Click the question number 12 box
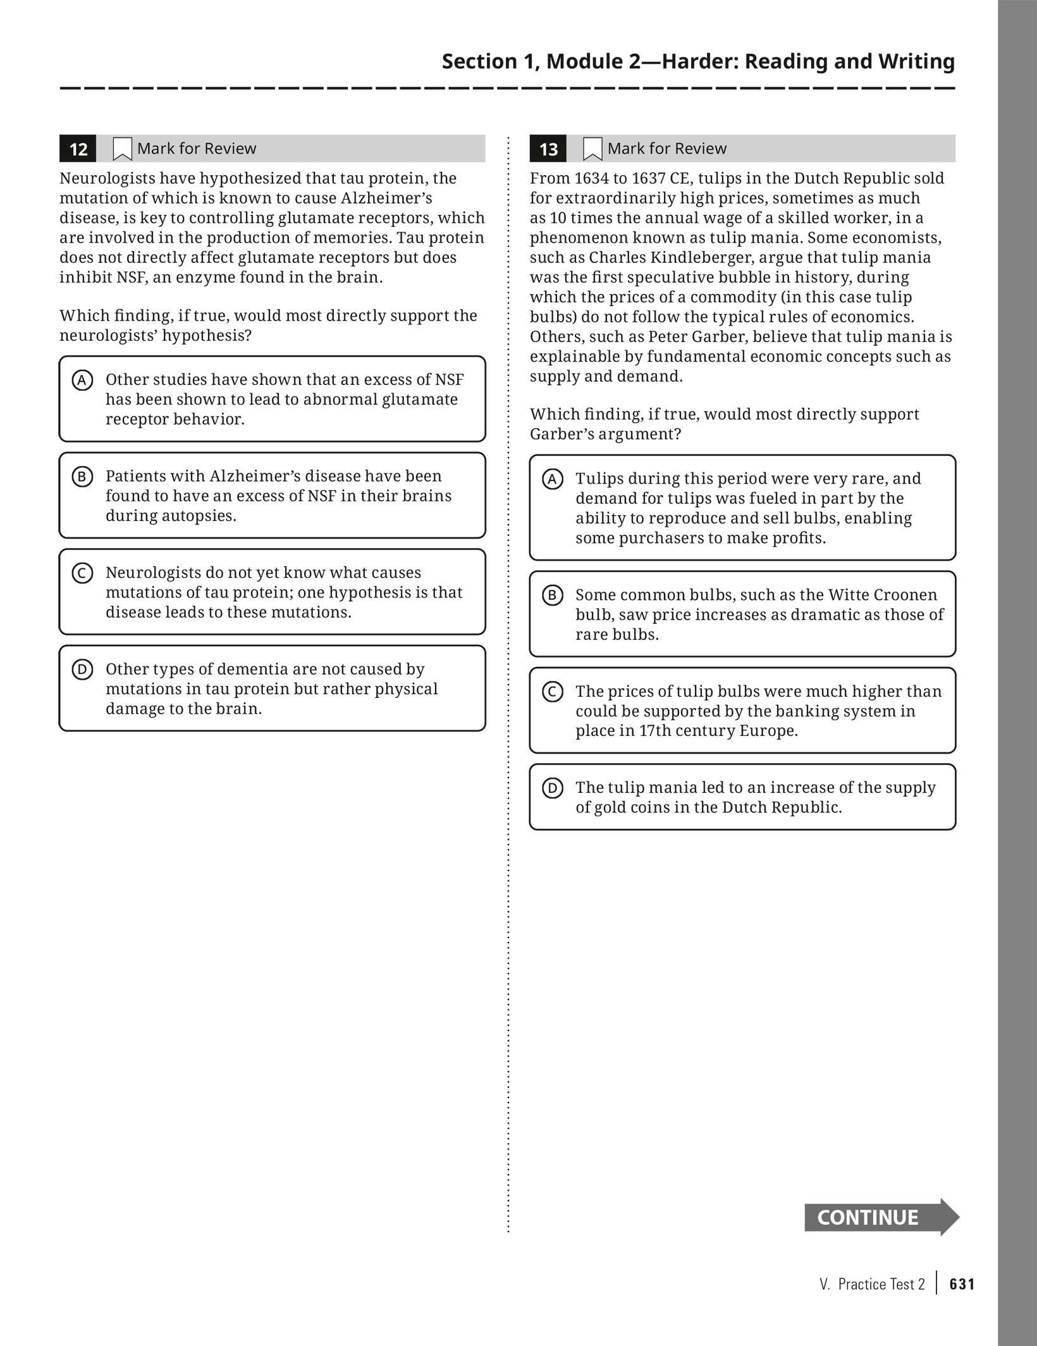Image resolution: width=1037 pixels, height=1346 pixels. click(78, 149)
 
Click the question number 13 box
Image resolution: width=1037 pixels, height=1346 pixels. click(548, 149)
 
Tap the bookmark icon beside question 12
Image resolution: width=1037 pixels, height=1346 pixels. click(122, 149)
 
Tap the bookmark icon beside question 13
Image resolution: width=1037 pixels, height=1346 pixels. click(592, 149)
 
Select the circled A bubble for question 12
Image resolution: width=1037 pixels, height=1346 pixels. click(82, 381)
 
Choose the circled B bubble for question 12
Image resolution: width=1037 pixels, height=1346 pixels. click(82, 477)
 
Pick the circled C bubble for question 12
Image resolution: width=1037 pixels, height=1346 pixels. click(82, 573)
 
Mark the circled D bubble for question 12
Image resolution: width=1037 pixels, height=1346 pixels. click(82, 670)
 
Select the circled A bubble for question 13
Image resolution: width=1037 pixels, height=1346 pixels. click(553, 479)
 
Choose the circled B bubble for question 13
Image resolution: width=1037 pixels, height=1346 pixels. click(553, 596)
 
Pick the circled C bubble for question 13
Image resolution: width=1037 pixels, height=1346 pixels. click(553, 692)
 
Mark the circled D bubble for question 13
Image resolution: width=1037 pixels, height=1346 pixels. click(553, 788)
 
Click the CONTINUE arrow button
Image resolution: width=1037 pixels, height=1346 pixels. click(881, 1217)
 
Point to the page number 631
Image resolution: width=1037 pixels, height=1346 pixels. click(962, 1284)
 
